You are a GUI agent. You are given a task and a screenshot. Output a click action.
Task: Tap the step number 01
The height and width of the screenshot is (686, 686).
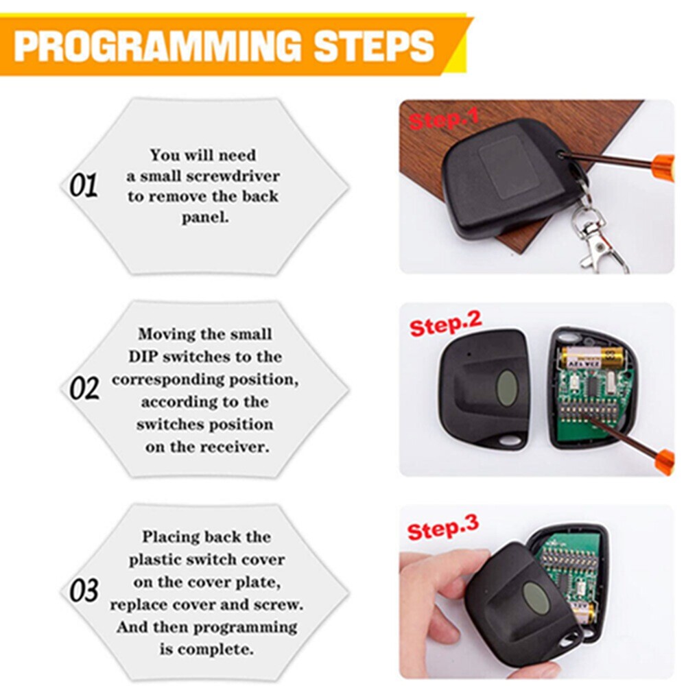click(83, 185)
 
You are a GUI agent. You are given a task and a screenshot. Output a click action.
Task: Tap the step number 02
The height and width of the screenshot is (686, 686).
click(84, 388)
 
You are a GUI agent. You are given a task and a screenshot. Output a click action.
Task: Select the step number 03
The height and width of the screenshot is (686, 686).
click(84, 591)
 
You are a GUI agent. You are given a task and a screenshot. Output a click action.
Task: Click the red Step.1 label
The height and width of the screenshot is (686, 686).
click(444, 118)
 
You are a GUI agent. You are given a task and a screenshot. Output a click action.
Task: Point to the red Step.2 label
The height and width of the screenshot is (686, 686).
click(445, 324)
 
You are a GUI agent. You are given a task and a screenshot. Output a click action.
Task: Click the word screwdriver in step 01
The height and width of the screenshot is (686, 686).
click(233, 176)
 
